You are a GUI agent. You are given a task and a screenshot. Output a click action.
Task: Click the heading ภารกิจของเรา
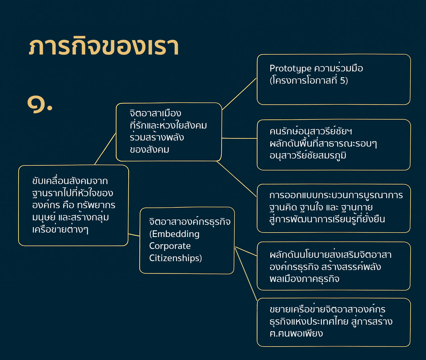(104, 46)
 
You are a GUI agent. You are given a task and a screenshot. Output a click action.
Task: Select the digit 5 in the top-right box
(343, 80)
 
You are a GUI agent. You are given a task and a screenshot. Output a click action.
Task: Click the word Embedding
(175, 234)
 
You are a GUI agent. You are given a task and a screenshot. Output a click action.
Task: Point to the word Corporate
(170, 246)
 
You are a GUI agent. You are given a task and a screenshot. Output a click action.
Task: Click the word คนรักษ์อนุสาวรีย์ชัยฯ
(311, 132)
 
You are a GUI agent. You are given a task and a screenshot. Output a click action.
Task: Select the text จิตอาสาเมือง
(155, 113)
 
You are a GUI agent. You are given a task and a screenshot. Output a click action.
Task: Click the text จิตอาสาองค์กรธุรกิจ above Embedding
(190, 222)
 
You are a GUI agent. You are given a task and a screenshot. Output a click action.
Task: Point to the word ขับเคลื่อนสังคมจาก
(70, 181)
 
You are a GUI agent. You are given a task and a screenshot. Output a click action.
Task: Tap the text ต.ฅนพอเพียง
(296, 333)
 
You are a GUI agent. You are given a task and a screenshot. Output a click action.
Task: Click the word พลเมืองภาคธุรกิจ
(304, 279)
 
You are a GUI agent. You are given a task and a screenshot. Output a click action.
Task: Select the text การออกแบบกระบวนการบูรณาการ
(336, 195)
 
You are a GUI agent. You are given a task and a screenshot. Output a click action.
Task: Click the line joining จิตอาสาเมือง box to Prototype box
(239, 94)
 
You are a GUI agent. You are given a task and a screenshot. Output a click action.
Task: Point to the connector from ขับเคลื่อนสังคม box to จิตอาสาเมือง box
(105, 149)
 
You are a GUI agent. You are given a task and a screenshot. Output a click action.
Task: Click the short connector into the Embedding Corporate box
(134, 235)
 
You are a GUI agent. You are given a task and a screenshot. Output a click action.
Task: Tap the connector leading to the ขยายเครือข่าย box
(246, 274)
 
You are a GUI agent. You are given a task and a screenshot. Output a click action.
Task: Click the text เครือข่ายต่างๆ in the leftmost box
(60, 229)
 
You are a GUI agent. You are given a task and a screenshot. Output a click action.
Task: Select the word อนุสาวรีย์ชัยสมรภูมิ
(308, 156)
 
